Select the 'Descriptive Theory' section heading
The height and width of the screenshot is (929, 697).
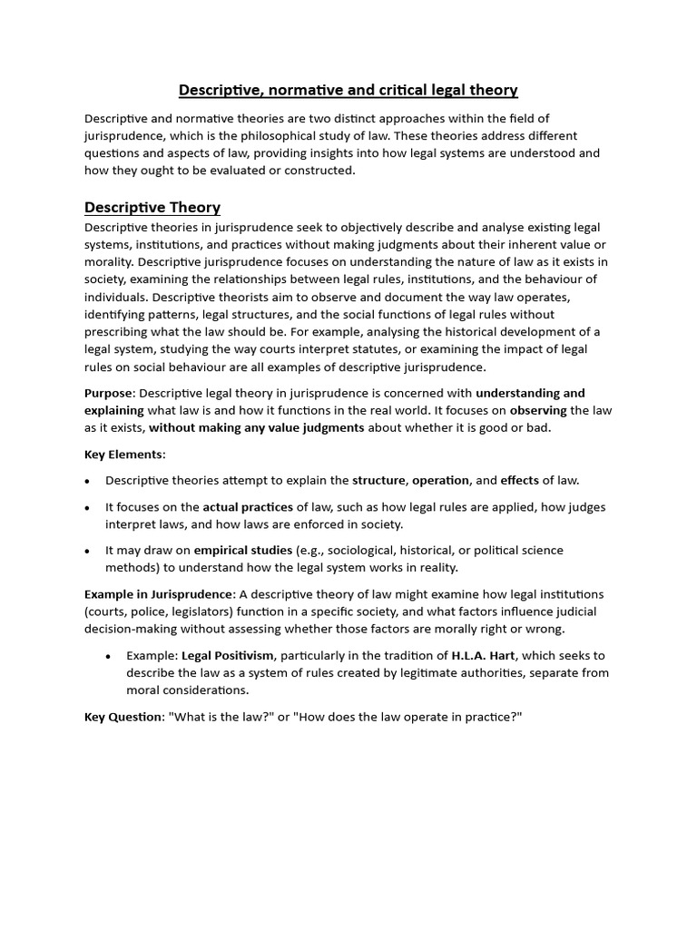pyautogui.click(x=152, y=208)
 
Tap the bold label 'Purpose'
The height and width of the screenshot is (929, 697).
pyautogui.click(x=108, y=393)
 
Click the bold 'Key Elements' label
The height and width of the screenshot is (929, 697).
pyautogui.click(x=124, y=454)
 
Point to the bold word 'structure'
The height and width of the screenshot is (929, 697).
pyautogui.click(x=380, y=480)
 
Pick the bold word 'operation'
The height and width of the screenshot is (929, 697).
pyautogui.click(x=441, y=480)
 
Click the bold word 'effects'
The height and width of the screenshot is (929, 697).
pyautogui.click(x=520, y=480)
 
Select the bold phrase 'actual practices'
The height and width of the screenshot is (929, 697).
pyautogui.click(x=248, y=507)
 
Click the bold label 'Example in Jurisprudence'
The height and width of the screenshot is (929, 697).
pyautogui.click(x=159, y=594)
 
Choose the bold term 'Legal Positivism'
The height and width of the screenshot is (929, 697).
pyautogui.click(x=227, y=655)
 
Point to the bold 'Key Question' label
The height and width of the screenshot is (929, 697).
pyautogui.click(x=123, y=717)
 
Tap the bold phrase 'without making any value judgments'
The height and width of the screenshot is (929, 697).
pyautogui.click(x=257, y=427)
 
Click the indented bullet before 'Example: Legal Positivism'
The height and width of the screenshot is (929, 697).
pyautogui.click(x=108, y=656)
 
